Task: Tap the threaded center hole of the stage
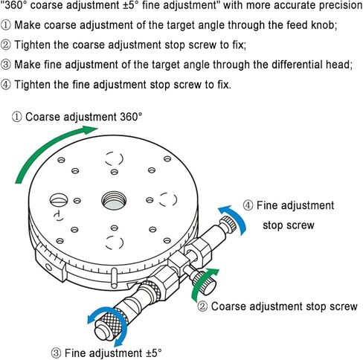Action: [x=114, y=200]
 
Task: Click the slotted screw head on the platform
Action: [x=59, y=199]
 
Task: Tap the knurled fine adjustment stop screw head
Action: [x=228, y=223]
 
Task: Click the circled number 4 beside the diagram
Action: [x=248, y=205]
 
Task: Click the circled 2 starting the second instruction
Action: [x=5, y=45]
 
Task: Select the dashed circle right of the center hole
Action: [x=168, y=199]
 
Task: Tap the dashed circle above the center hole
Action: [x=114, y=158]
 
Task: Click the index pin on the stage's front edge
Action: [x=114, y=278]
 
